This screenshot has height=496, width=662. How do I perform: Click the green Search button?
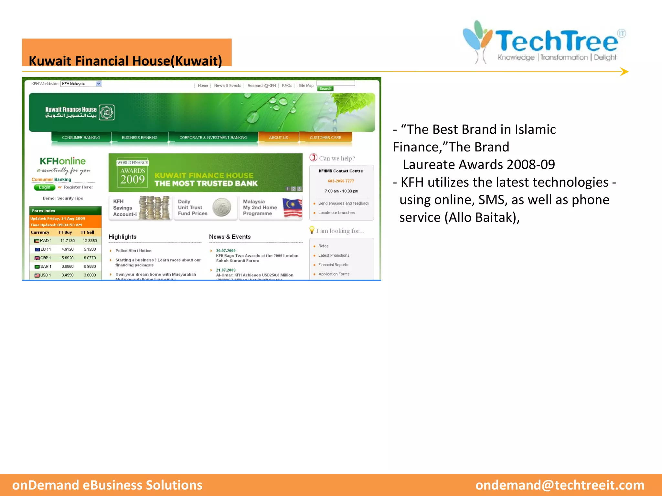325,89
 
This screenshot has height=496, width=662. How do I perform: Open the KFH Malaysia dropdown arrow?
99,84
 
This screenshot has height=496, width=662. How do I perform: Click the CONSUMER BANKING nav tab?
81,138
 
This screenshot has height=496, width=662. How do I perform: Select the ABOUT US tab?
278,138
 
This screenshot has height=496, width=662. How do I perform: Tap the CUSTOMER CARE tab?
325,138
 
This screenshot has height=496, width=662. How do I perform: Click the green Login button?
45,187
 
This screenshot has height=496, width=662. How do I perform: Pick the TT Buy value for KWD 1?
67,241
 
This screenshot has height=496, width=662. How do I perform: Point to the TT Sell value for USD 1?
90,275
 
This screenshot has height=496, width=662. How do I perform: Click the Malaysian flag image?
292,208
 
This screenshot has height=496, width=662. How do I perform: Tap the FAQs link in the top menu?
287,86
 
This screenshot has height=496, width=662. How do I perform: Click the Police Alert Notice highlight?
133,251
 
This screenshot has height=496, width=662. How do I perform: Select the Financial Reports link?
333,265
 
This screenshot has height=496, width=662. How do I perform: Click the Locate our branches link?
336,213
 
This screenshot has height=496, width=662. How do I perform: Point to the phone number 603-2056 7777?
341,181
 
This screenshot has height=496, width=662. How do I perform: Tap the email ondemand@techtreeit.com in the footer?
560,485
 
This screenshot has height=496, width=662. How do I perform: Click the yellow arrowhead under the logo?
624,72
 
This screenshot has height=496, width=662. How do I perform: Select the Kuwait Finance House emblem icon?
106,112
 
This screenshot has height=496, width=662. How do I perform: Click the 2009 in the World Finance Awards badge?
133,180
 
